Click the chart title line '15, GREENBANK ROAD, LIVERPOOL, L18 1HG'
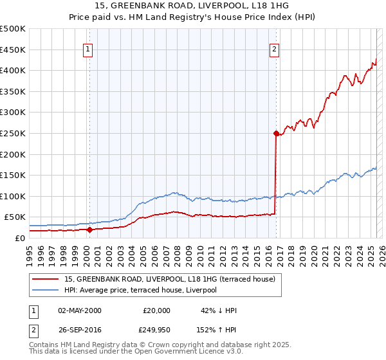(x=193, y=6)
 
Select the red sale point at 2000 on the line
(x=89, y=230)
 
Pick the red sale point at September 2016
(x=276, y=134)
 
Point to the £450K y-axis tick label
(x=13, y=50)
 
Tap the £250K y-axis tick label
(x=13, y=133)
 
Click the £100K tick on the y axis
(x=13, y=196)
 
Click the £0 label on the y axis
(x=19, y=238)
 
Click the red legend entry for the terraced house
(x=170, y=279)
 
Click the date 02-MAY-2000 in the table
(x=80, y=310)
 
